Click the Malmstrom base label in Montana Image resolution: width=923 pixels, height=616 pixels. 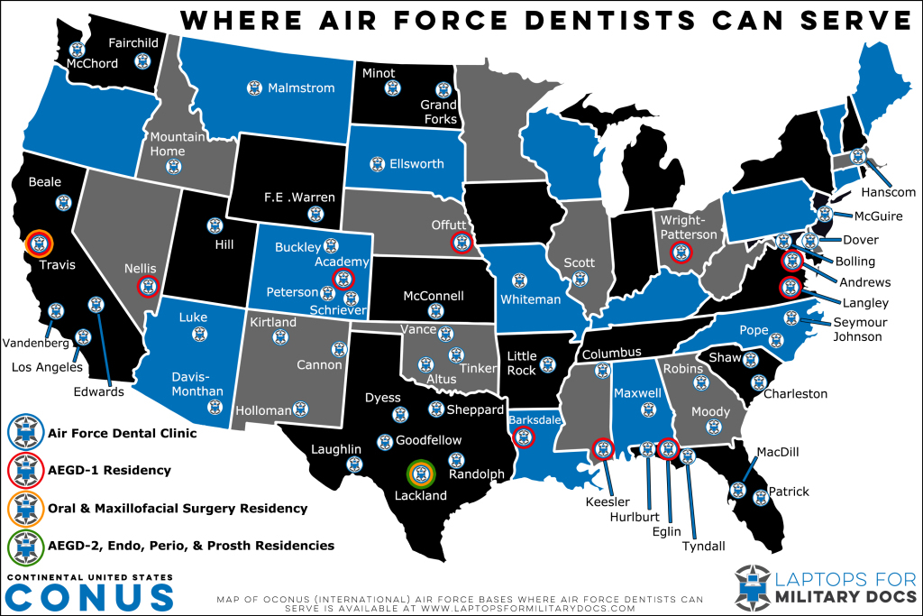[x=301, y=88]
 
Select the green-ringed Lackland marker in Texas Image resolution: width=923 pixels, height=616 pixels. [x=421, y=473]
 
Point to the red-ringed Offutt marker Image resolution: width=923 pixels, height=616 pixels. [x=461, y=241]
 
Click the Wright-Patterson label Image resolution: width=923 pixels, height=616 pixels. [x=689, y=227]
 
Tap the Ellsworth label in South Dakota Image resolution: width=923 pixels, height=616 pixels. [x=416, y=164]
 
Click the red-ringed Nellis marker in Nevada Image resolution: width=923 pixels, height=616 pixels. [x=148, y=287]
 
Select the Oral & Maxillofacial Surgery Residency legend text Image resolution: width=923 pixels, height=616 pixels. [x=178, y=509]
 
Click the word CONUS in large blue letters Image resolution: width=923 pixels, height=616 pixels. [x=90, y=596]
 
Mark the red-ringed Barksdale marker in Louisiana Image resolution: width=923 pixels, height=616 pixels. [x=522, y=437]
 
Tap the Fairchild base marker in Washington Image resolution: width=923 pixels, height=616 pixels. [x=142, y=61]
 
